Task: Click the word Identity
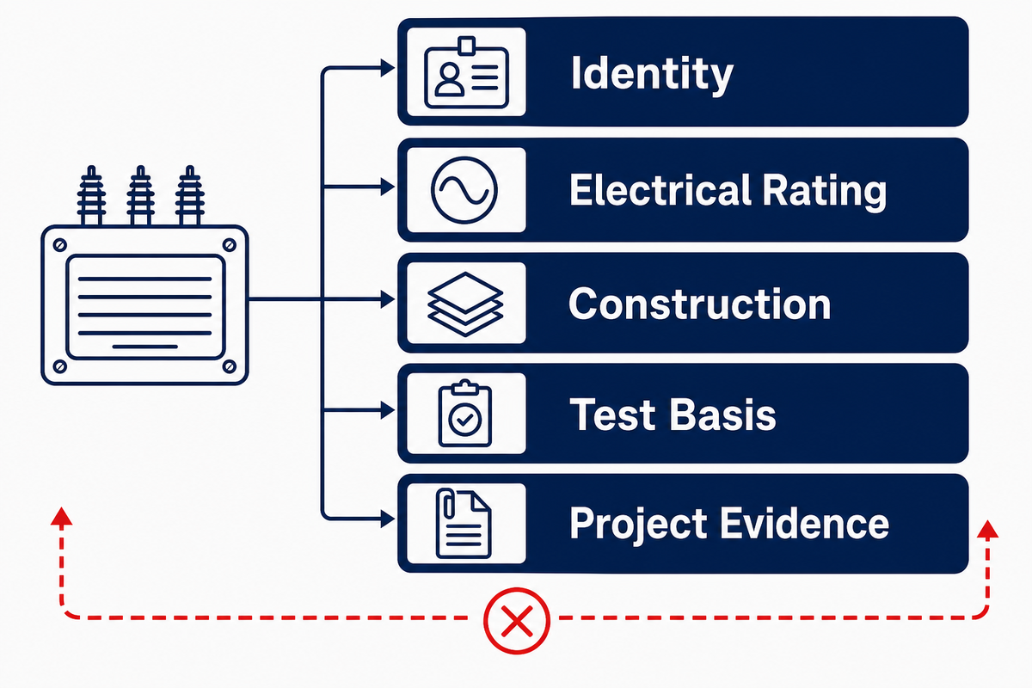(652, 74)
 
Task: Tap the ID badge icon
(466, 73)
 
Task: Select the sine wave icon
(464, 190)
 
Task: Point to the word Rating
(824, 192)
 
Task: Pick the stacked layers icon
(465, 304)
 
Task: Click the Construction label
(700, 304)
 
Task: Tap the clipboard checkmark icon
(465, 414)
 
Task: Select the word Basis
(723, 415)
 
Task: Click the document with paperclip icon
(463, 524)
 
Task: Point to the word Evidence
(804, 524)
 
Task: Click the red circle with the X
(517, 621)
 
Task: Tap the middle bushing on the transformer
(140, 196)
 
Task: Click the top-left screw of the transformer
(60, 245)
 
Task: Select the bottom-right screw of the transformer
(230, 366)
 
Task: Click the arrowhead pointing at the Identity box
(388, 68)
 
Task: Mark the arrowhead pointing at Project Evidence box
(388, 519)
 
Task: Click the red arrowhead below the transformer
(61, 516)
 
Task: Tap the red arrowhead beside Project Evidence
(987, 529)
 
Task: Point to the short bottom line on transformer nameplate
(144, 347)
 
